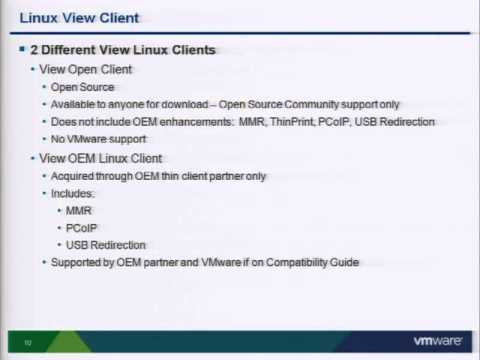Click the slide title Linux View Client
pyautogui.click(x=80, y=18)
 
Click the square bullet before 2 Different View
pyautogui.click(x=22, y=50)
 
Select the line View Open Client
pyautogui.click(x=85, y=70)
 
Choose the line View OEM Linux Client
pyautogui.click(x=100, y=158)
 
